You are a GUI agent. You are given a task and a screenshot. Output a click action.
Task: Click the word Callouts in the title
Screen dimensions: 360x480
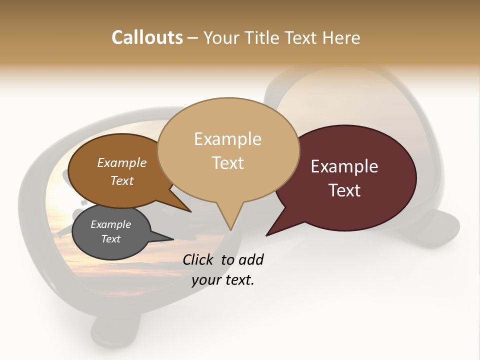coord(147,37)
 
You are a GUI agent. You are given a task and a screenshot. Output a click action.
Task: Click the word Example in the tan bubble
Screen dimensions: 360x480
coord(227,139)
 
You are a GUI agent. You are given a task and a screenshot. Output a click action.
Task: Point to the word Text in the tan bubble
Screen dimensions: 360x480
coord(227,163)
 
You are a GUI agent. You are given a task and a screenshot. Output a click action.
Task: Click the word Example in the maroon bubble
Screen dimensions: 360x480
coord(344,166)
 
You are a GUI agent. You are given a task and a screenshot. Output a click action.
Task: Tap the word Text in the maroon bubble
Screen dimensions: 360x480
coord(344,190)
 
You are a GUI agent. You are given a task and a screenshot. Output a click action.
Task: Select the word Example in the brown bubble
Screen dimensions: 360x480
coord(121,163)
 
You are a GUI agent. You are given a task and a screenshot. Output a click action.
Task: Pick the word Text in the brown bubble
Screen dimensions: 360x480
coord(121,180)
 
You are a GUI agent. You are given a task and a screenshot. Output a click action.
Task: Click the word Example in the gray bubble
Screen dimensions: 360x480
coord(110,224)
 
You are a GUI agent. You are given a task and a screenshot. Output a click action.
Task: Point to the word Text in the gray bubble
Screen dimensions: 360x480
coord(110,239)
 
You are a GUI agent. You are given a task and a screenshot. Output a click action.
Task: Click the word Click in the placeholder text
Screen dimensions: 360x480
coord(198,259)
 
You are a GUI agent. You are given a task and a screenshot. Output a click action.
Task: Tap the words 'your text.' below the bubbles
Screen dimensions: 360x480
coord(223,280)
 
